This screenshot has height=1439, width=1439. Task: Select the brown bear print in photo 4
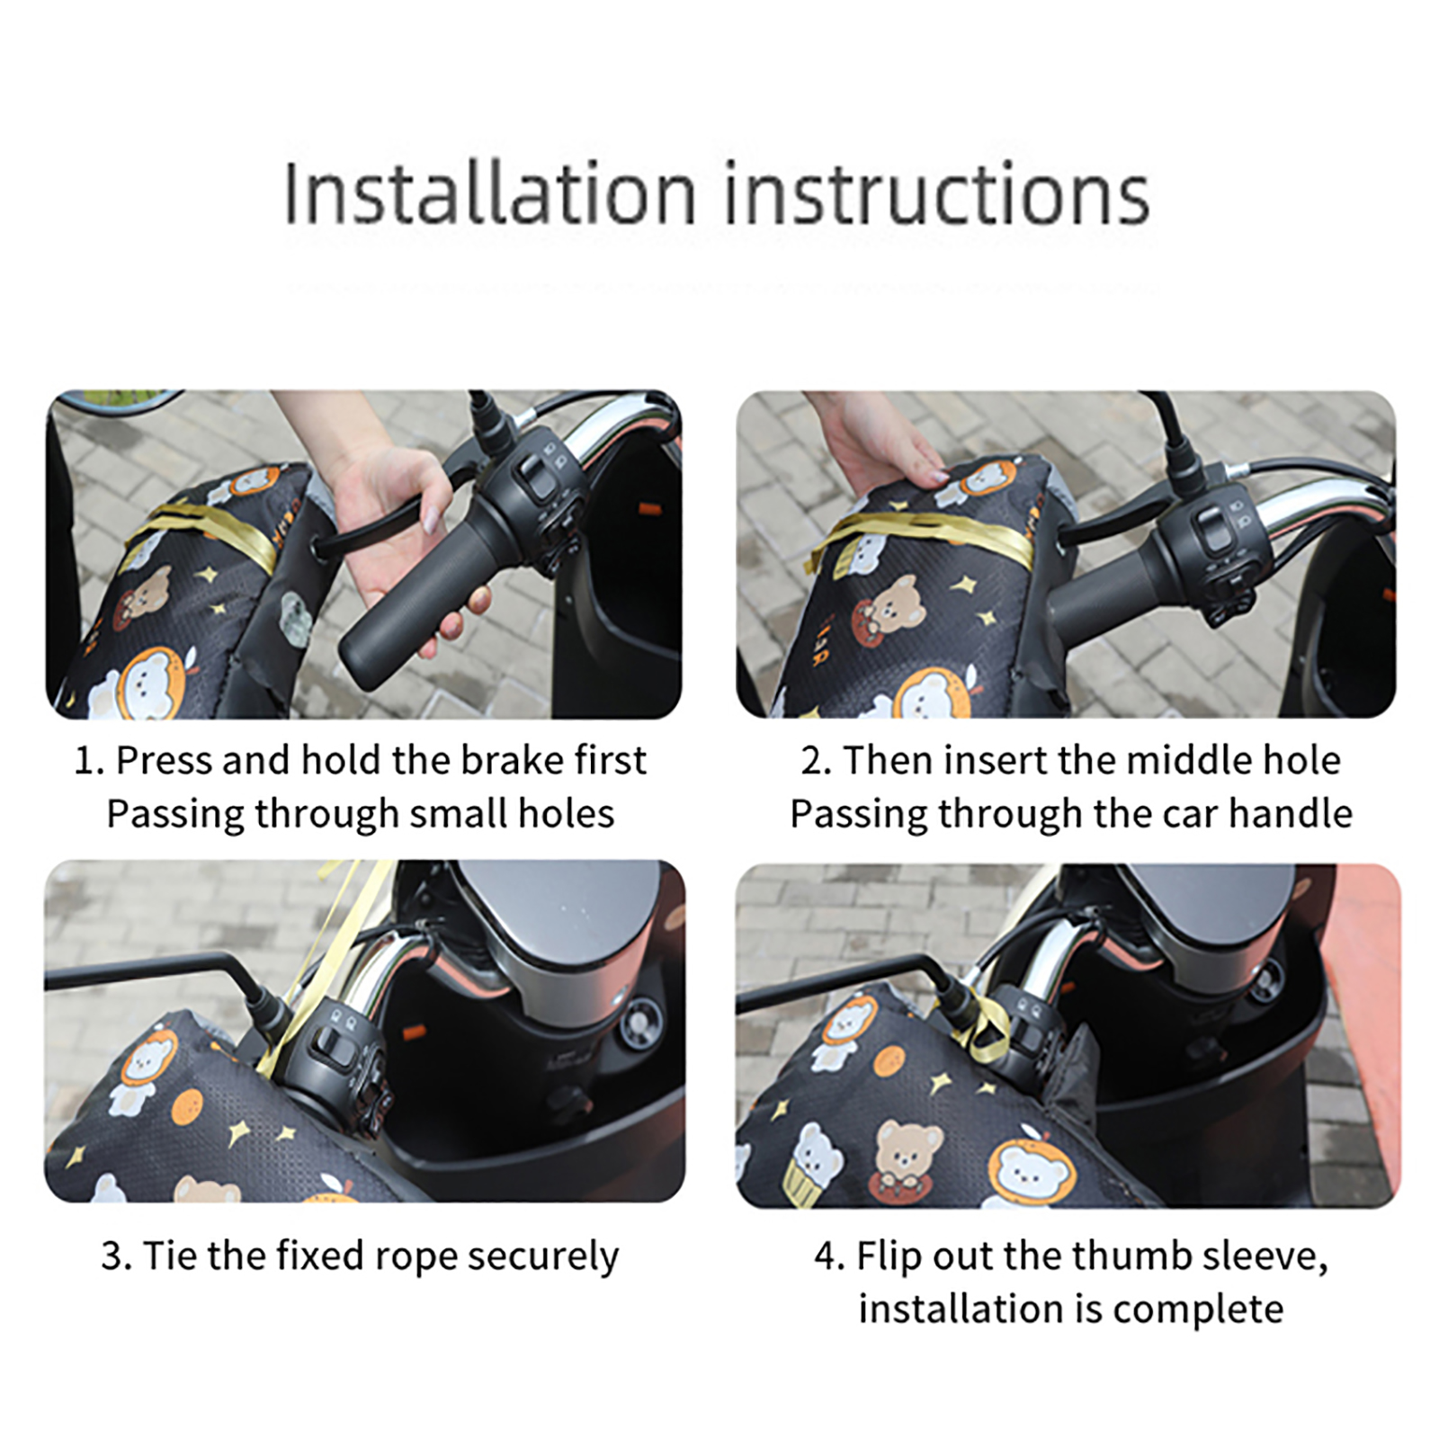(907, 1160)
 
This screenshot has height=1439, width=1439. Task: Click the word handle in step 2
(1291, 814)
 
